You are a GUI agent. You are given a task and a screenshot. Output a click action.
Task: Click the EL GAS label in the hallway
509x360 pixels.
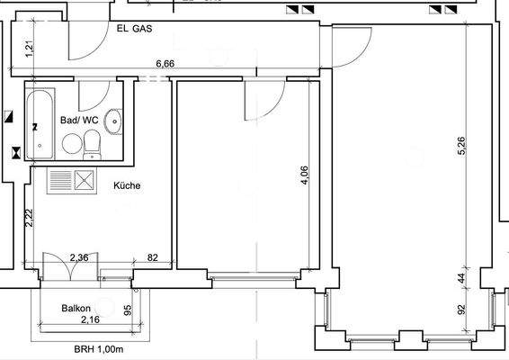click(134, 28)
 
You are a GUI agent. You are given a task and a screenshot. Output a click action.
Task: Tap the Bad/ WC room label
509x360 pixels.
click(78, 120)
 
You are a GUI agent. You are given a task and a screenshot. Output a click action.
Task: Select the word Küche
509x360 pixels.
click(127, 186)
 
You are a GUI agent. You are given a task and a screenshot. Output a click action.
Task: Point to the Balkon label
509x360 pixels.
click(76, 308)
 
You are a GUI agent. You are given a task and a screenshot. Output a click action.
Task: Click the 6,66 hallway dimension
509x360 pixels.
click(165, 64)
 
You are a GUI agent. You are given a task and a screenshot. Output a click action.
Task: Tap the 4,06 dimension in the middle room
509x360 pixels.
click(305, 172)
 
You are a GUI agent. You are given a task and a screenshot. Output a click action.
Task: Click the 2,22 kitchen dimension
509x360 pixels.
click(30, 218)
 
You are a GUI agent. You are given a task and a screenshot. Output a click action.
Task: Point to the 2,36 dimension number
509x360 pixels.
click(79, 258)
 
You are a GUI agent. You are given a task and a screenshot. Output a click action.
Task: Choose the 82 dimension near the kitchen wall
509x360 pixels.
click(152, 258)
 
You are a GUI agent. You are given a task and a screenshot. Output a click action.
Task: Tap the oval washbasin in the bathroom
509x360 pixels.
click(114, 121)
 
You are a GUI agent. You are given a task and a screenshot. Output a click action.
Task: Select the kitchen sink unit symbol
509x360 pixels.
click(71, 181)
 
